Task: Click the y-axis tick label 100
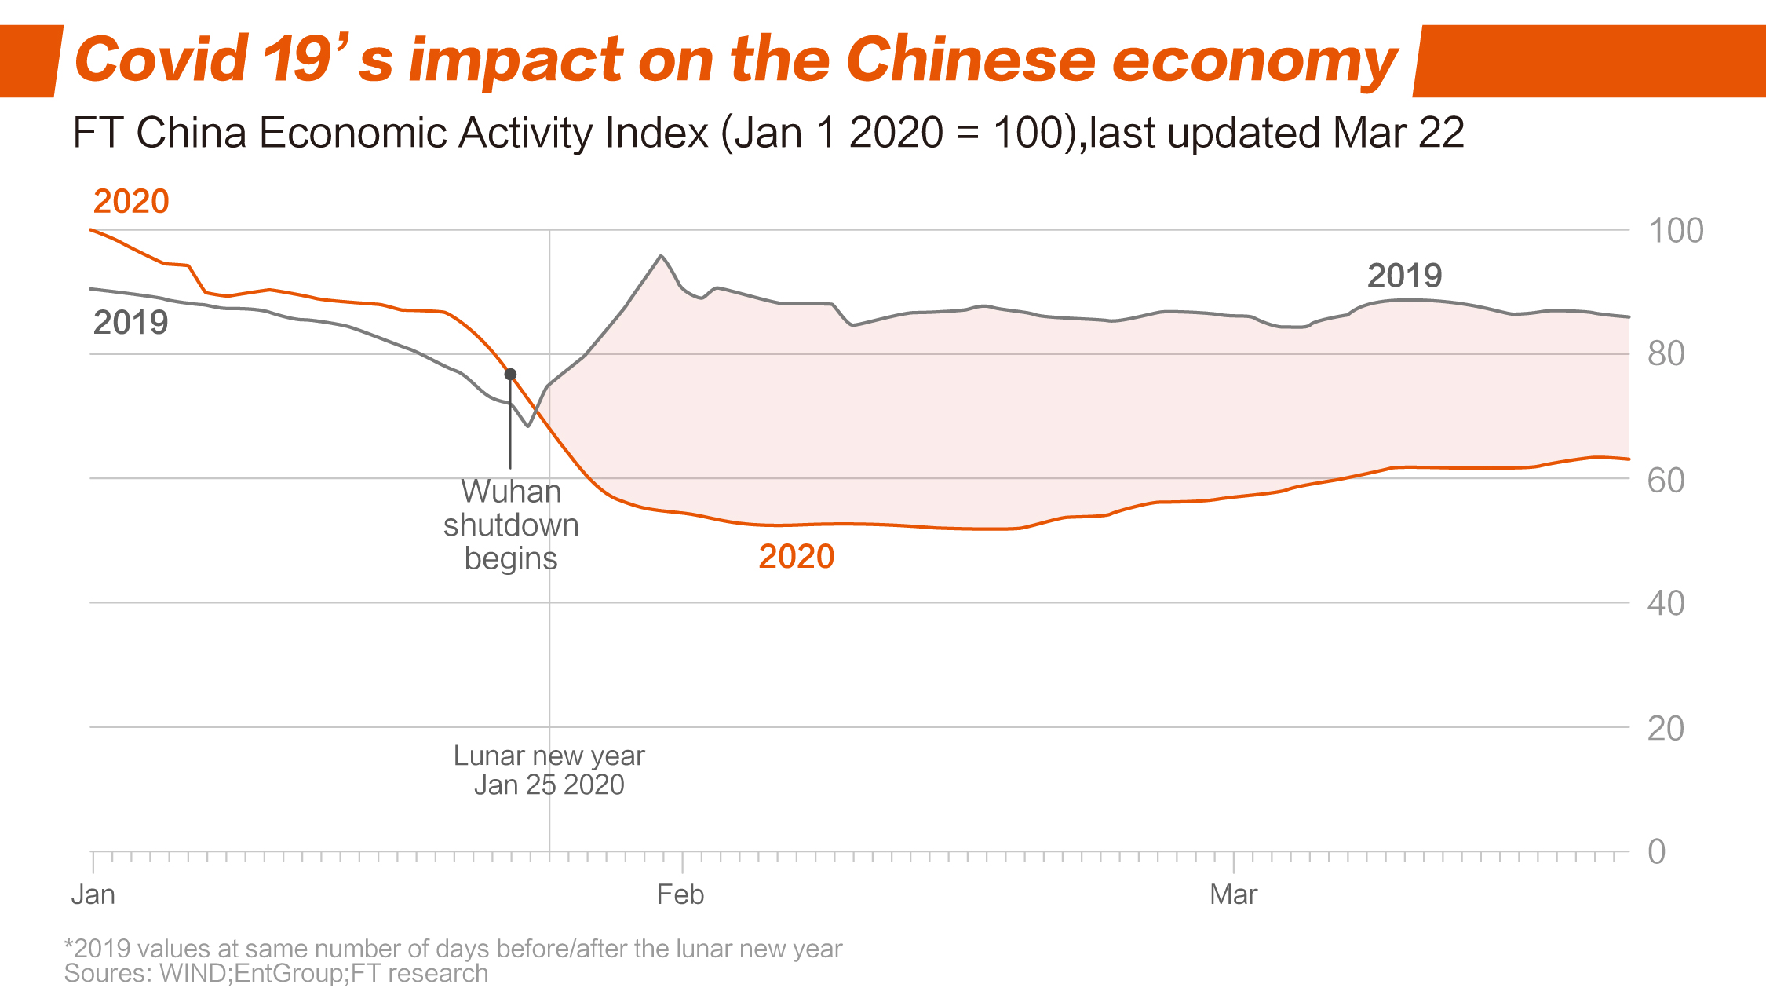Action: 1675,231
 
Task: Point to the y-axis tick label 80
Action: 1666,354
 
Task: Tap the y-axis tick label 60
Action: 1666,480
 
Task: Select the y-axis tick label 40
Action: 1666,604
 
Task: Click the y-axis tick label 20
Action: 1666,729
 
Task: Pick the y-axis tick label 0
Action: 1656,852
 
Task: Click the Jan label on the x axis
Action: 93,894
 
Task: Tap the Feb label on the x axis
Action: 680,894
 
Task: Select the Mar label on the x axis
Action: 1233,894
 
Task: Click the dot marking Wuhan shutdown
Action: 510,375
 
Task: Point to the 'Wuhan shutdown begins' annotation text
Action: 511,525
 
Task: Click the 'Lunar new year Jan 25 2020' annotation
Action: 549,770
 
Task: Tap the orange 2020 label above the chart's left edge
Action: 131,202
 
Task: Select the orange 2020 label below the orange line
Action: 796,557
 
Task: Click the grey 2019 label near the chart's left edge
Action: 130,323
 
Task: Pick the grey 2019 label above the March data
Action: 1404,276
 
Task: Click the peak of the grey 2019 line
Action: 661,256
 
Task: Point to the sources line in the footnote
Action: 276,974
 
